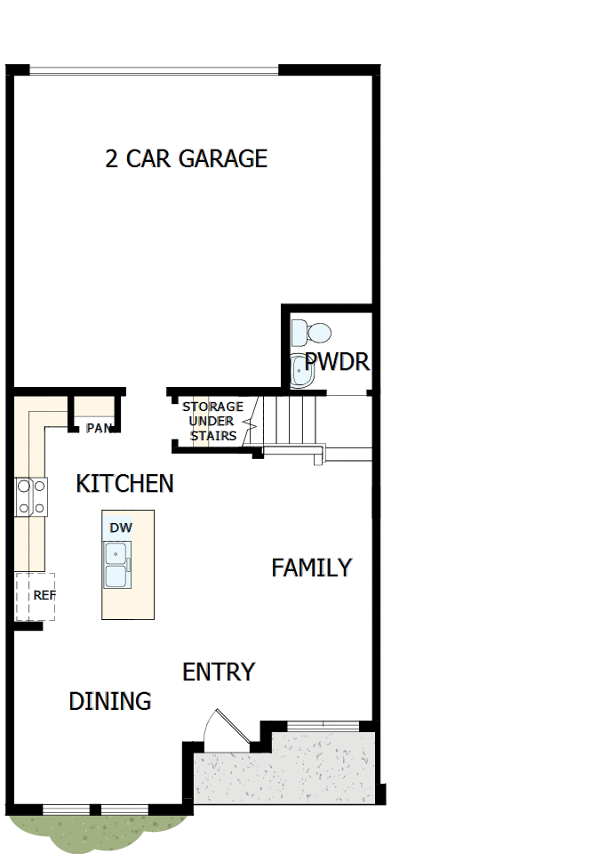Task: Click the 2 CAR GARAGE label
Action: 186,158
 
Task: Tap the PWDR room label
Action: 337,362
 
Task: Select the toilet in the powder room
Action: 312,334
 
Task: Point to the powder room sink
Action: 302,371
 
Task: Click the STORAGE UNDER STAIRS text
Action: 212,422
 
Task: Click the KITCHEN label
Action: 124,484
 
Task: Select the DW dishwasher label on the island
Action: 121,528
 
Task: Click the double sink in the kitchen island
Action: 116,565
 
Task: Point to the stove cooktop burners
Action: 30,497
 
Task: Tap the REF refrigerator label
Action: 44,595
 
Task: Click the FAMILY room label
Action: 312,568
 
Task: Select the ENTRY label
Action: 219,672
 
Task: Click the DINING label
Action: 110,701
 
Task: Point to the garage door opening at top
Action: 154,70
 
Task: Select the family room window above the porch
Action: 323,725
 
